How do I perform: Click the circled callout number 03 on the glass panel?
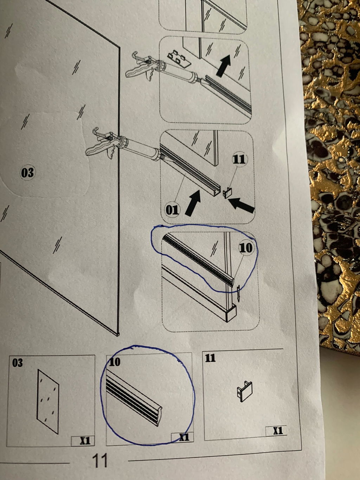27,172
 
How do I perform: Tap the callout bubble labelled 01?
172,210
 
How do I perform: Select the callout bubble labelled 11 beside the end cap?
239,159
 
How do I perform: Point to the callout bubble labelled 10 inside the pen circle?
246,248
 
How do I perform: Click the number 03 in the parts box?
17,363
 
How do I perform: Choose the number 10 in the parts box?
115,362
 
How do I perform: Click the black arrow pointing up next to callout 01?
193,202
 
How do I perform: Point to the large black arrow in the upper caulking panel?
224,65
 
